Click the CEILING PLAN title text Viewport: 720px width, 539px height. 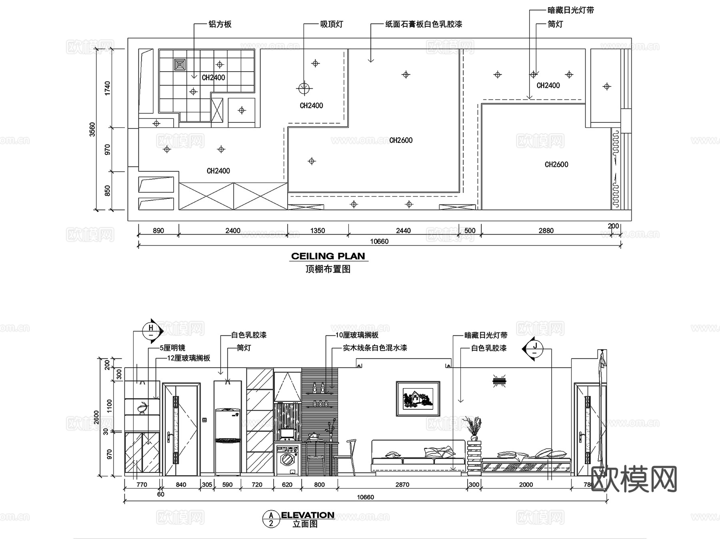pos(328,256)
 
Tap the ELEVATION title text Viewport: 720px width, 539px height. pos(308,515)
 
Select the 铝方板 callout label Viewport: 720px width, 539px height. pos(220,24)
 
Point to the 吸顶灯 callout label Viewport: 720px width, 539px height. pos(332,24)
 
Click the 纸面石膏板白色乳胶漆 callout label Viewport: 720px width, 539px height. pos(424,24)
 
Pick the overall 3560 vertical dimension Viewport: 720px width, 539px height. pos(92,129)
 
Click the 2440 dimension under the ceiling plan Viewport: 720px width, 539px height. pos(403,230)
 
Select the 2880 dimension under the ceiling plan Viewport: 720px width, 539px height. pos(546,230)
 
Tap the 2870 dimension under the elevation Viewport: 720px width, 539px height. pos(402,485)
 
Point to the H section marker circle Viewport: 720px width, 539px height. pos(151,331)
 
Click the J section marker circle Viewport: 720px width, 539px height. pos(535,349)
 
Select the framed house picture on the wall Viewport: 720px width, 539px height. pos(418,399)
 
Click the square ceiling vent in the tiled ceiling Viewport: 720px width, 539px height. pos(180,64)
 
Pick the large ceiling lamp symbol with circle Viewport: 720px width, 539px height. pos(304,88)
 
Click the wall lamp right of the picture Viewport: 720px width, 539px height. pos(500,381)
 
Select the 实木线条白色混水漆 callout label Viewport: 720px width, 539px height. pos(375,348)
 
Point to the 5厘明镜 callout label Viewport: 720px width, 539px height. pos(173,348)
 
